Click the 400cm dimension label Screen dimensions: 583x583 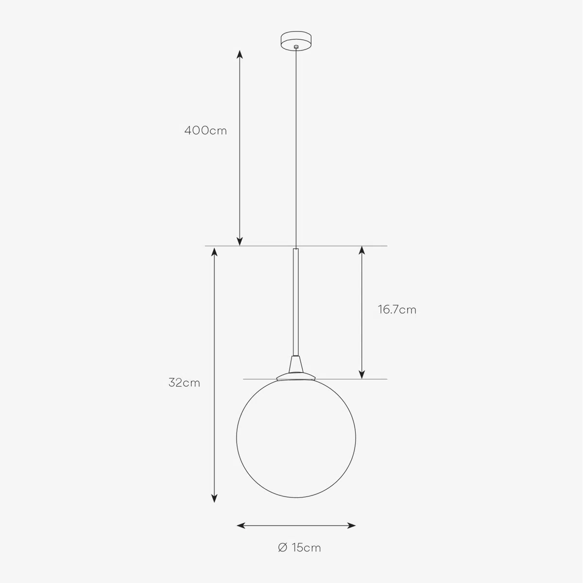pyautogui.click(x=206, y=130)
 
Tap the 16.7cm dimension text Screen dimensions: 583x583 pyautogui.click(x=397, y=309)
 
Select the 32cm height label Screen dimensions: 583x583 pyautogui.click(x=184, y=383)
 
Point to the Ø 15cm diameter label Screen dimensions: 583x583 pyautogui.click(x=299, y=548)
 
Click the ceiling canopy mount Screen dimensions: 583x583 pyautogui.click(x=296, y=40)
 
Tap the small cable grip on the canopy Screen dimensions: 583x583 pyautogui.click(x=296, y=47)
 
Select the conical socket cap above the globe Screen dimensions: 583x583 pyautogui.click(x=296, y=364)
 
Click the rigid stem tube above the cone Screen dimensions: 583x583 pyautogui.click(x=296, y=302)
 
